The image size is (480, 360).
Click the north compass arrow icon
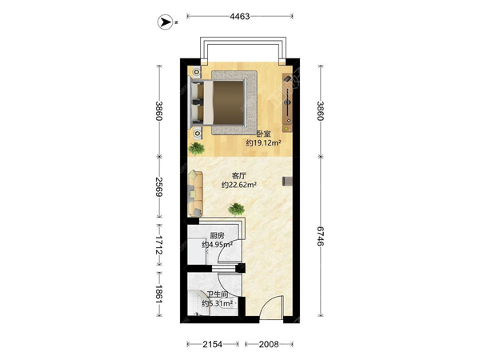165,22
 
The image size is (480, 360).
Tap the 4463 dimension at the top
240,16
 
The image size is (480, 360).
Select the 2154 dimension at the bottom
213,344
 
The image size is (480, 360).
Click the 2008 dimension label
269,344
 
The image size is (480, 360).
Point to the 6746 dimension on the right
320,236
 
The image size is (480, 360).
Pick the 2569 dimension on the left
159,186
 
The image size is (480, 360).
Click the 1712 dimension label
159,245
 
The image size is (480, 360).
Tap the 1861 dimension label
159,294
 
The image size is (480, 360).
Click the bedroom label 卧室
263,134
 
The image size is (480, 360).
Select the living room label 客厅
239,176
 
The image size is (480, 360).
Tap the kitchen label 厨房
217,236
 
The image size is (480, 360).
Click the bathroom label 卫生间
218,294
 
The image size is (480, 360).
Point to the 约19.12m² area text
264,142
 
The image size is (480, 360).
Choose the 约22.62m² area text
239,185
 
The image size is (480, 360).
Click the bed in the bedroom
219,102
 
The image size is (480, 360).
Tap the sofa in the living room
195,194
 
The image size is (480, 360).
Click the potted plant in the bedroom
197,149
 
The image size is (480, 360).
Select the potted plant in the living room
236,210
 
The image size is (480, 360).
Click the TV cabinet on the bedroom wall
287,103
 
